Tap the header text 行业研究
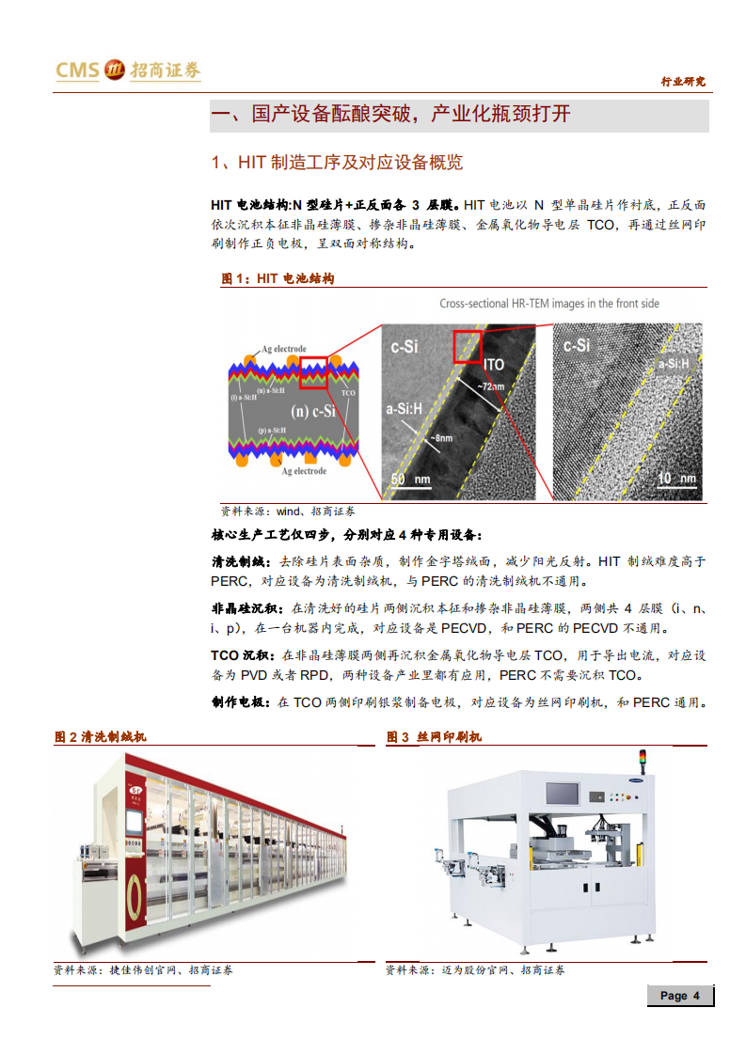coord(684,83)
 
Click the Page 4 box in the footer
coord(679,996)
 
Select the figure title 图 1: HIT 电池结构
coord(278,278)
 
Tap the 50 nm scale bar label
coord(410,480)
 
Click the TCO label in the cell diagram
coord(349,392)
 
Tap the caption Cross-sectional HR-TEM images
coord(549,304)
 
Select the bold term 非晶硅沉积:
coord(248,608)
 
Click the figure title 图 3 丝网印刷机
coord(434,736)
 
